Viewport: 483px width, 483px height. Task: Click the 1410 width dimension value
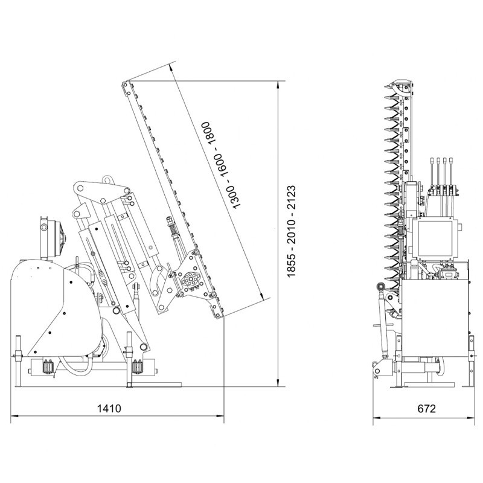(x=110, y=408)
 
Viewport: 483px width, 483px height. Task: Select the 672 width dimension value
(x=426, y=408)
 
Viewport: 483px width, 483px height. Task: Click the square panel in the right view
(x=433, y=237)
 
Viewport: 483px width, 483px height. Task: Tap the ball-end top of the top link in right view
(x=380, y=286)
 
